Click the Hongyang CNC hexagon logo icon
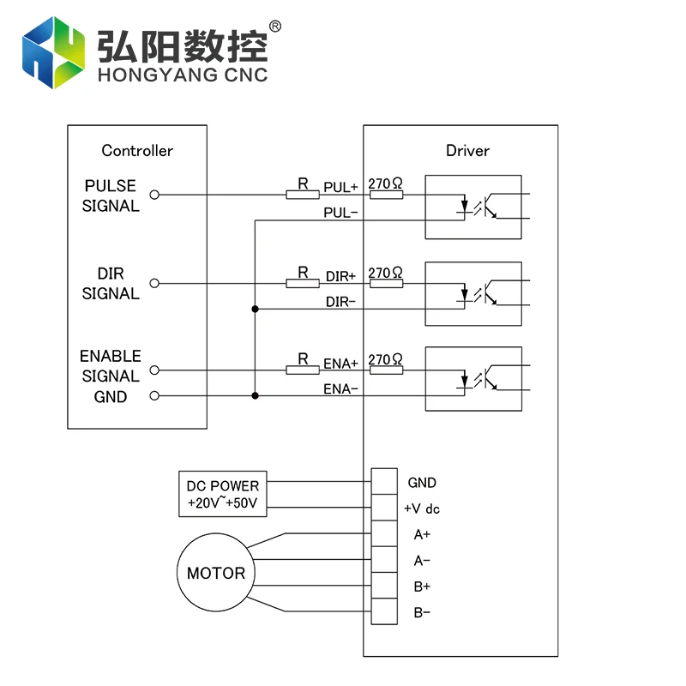coord(54,53)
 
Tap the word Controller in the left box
coord(137,151)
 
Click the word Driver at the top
coord(467,151)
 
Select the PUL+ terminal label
coord(340,187)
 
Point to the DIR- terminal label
coord(340,302)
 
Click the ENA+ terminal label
coord(340,364)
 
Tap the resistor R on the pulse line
coord(303,195)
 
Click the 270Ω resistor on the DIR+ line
coord(386,282)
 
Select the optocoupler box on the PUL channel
coord(473,207)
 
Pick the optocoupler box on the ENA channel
coord(473,378)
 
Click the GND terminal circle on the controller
coord(154,396)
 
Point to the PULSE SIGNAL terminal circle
coord(154,195)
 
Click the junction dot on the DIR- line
coord(255,309)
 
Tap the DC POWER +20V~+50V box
coord(223,494)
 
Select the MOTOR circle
coord(216,573)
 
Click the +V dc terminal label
coord(422,508)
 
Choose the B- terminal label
coord(422,612)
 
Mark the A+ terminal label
coord(422,534)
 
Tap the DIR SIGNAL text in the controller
coord(111,284)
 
